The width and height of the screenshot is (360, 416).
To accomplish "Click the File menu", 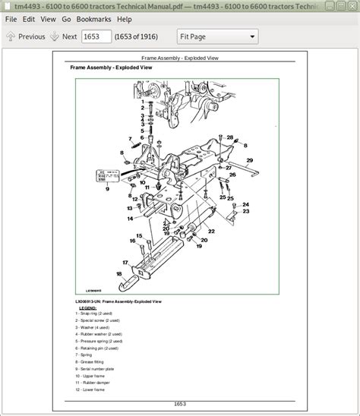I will [x=11, y=18].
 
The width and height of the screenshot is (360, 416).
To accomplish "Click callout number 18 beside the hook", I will [x=118, y=274].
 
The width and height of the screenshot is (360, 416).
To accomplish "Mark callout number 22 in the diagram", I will [x=211, y=230].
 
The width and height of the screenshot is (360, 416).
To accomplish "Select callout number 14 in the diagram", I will [x=130, y=219].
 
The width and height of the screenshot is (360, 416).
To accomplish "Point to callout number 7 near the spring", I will [x=130, y=138].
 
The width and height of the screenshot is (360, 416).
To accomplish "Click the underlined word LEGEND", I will [x=83, y=307].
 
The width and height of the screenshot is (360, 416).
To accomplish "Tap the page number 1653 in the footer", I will [x=178, y=403].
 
